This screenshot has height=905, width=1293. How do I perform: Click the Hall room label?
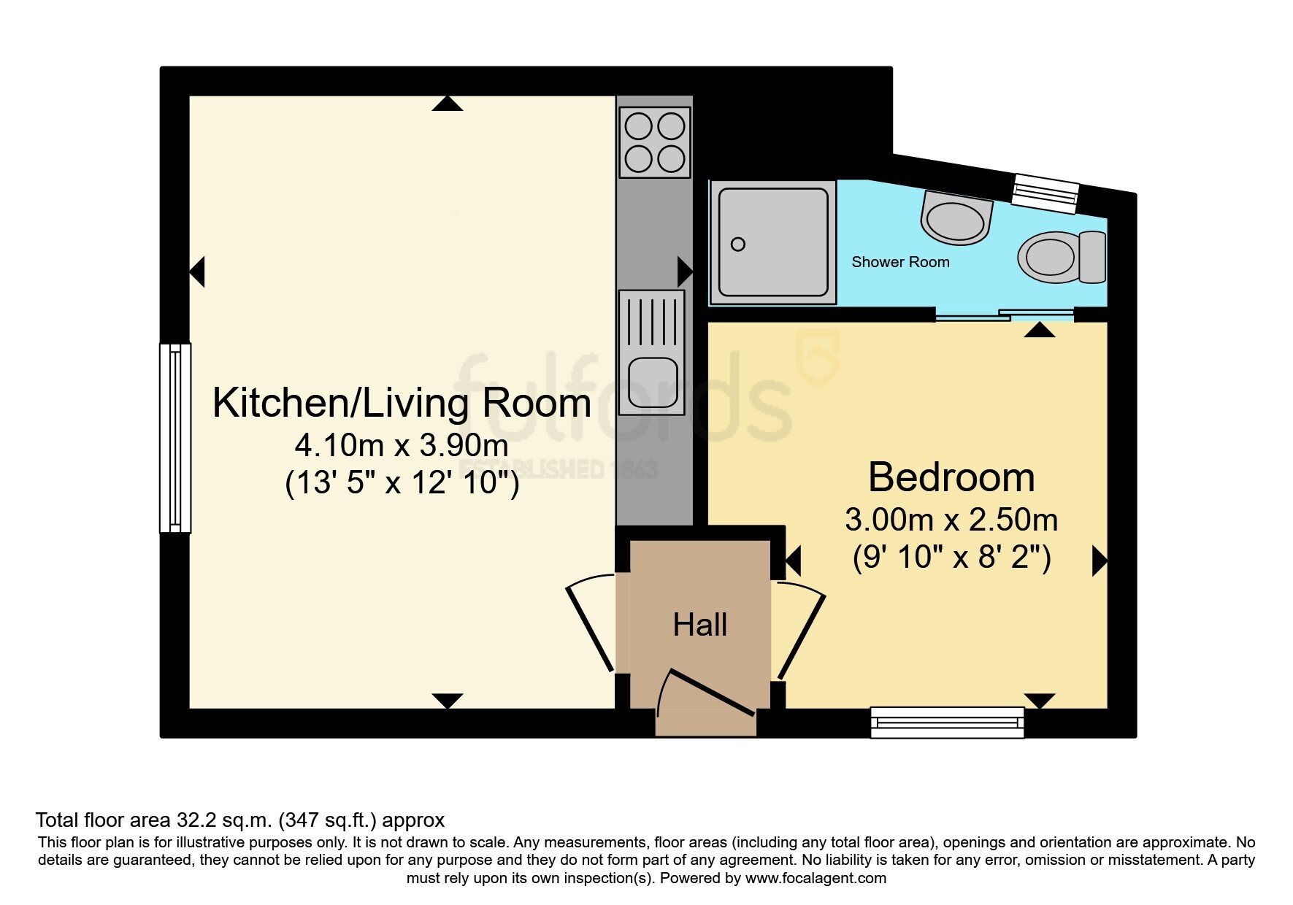(x=699, y=625)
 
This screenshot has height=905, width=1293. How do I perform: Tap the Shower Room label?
(x=900, y=262)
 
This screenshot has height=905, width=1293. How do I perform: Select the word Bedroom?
(x=951, y=477)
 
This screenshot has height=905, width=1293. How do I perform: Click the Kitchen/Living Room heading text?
(x=402, y=403)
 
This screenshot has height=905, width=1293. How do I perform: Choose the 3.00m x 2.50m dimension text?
(x=951, y=520)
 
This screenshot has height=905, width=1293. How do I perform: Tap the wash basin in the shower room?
(x=956, y=217)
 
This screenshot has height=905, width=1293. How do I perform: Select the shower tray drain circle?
(x=738, y=244)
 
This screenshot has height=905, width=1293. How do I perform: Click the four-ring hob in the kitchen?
(x=655, y=142)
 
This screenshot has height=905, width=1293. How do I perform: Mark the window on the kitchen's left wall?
(x=175, y=438)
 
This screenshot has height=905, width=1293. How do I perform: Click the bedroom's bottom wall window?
(x=948, y=723)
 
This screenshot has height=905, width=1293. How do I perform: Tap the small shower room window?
(x=1045, y=193)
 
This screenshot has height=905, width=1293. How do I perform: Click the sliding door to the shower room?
(x=1005, y=315)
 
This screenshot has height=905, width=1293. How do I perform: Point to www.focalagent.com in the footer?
(x=816, y=878)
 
